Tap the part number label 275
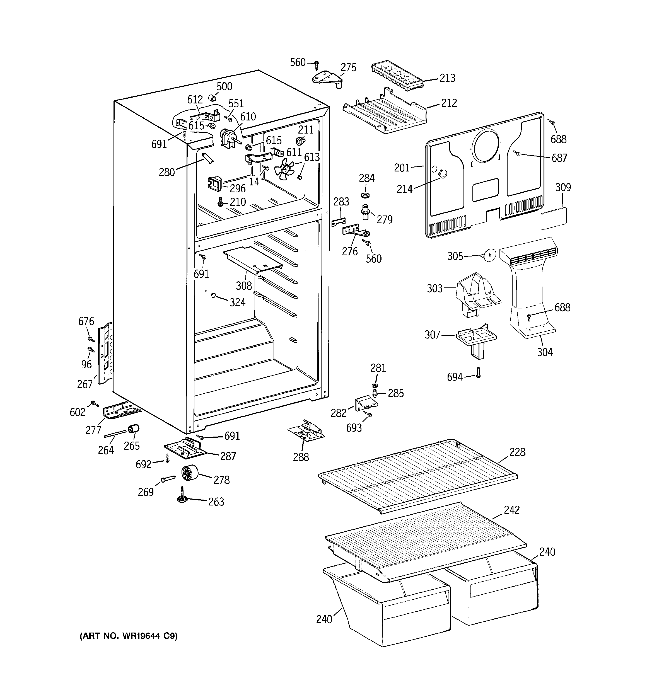(348, 67)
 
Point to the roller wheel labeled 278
(190, 473)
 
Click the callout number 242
(511, 510)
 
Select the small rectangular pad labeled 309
(554, 219)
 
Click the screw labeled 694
(478, 372)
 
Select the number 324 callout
(238, 302)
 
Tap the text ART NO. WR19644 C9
(129, 636)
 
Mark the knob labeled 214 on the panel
(443, 173)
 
